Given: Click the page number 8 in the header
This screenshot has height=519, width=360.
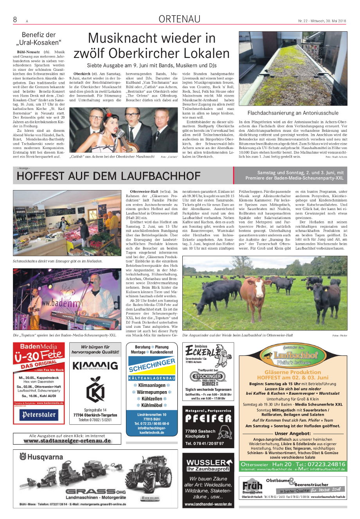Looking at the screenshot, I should click(x=15, y=20).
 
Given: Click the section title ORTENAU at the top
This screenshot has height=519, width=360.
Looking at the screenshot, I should click(x=179, y=19).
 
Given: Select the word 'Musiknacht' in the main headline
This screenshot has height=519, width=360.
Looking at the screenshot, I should click(x=121, y=38).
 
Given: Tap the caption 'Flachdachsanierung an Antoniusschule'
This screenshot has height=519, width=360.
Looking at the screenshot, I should click(x=293, y=113).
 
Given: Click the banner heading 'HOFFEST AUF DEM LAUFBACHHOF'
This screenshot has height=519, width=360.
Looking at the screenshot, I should click(x=108, y=176).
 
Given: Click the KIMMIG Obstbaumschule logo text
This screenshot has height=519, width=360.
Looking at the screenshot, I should click(x=95, y=366).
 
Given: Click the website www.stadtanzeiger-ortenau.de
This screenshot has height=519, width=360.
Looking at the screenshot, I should click(x=67, y=441).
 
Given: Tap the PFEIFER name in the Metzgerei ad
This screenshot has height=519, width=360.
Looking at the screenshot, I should click(x=208, y=418).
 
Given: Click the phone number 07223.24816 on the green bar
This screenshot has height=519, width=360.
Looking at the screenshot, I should click(x=326, y=464).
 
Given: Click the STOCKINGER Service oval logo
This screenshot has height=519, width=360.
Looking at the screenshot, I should click(x=208, y=379).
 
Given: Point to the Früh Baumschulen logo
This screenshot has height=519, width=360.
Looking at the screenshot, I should click(x=252, y=487).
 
